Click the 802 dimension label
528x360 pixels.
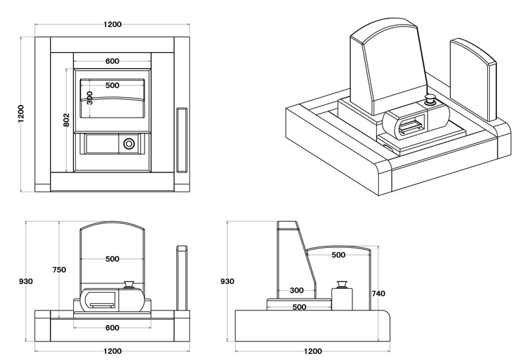click(x=66, y=120)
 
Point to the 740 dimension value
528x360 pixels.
click(x=378, y=293)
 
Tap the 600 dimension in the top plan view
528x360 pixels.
click(x=112, y=61)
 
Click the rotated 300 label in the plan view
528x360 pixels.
click(x=90, y=98)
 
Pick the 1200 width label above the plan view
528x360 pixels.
click(x=112, y=24)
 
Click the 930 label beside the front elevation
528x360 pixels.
click(x=26, y=281)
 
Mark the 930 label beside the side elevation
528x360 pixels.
click(x=227, y=281)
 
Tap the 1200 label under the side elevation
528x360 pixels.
click(x=313, y=351)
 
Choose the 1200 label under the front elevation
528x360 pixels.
click(x=112, y=351)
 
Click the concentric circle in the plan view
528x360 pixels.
click(x=129, y=143)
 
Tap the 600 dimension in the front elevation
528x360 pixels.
click(x=112, y=328)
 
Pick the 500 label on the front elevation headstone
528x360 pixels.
click(x=112, y=259)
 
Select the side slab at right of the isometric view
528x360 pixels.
click(x=473, y=79)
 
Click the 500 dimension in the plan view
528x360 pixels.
click(x=112, y=85)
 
